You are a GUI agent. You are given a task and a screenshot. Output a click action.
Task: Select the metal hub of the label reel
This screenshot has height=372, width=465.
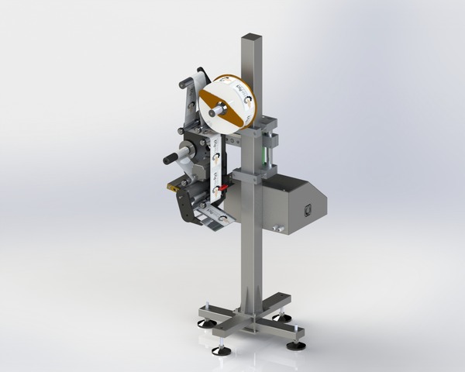(x=218, y=110)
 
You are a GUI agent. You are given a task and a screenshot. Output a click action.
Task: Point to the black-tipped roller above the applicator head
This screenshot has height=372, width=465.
(x=185, y=82)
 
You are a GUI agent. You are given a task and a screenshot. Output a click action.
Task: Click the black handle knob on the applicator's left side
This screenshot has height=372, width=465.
(x=169, y=159)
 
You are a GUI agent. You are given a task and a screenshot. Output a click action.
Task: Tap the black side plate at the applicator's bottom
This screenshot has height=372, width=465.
(x=186, y=205)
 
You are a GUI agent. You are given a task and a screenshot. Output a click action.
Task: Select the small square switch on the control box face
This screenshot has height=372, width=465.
(x=307, y=208)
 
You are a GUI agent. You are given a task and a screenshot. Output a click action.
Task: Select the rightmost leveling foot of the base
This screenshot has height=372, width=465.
(x=295, y=344)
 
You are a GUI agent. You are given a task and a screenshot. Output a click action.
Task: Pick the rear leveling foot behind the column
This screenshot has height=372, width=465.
(x=282, y=317)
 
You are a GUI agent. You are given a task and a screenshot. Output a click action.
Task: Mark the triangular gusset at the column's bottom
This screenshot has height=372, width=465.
(x=246, y=298)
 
